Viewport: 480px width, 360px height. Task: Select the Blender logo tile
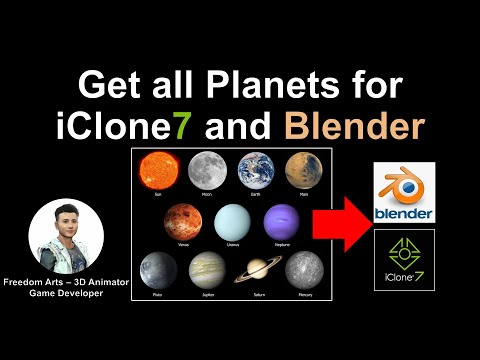(403, 193)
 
